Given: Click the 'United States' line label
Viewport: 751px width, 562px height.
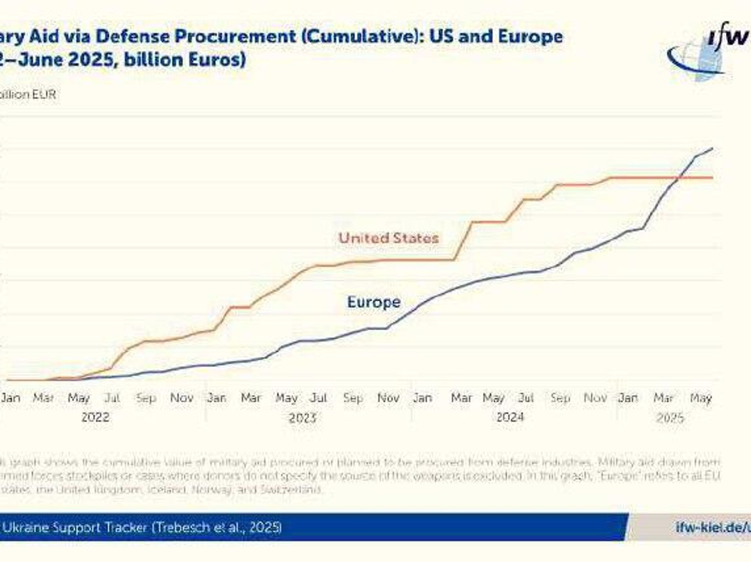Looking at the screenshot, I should pyautogui.click(x=388, y=238).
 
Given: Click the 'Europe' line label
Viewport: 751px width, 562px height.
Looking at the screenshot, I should pyautogui.click(x=374, y=302).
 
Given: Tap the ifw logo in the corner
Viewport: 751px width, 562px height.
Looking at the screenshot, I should pyautogui.click(x=708, y=51).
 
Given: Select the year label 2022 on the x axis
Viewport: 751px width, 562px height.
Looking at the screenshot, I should pyautogui.click(x=95, y=417).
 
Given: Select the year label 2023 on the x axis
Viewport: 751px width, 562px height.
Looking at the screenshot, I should pyautogui.click(x=302, y=418).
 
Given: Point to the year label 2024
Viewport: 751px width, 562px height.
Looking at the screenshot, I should pyautogui.click(x=510, y=417).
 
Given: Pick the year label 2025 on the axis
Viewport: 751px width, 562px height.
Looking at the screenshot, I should pyautogui.click(x=670, y=418).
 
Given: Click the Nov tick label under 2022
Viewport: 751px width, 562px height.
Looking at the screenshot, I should pyautogui.click(x=182, y=398).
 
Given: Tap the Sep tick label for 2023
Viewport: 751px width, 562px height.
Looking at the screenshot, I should pyautogui.click(x=353, y=398).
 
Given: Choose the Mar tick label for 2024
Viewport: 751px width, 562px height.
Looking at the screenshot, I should pyautogui.click(x=462, y=398).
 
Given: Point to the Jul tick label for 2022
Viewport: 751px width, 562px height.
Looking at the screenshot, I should pyautogui.click(x=112, y=398).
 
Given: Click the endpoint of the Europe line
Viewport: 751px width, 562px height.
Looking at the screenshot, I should pyautogui.click(x=712, y=148).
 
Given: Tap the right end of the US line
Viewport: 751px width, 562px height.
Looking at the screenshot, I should pyautogui.click(x=712, y=178).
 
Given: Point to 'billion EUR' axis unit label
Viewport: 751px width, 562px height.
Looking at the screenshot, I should pyautogui.click(x=28, y=94).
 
